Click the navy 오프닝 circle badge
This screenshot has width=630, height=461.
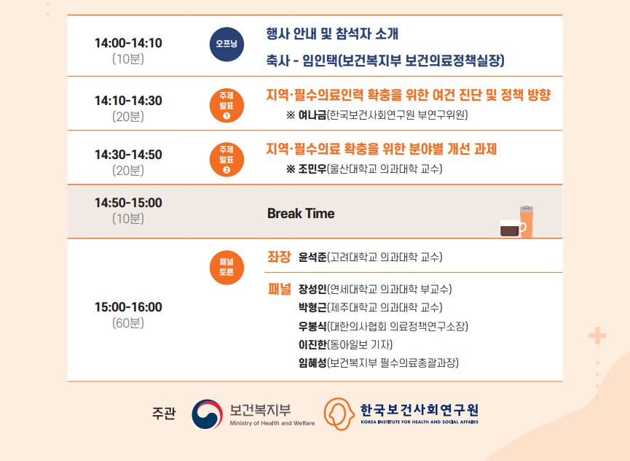227,44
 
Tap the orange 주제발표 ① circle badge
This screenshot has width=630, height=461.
227,105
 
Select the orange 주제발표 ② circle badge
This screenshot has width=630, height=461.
227,160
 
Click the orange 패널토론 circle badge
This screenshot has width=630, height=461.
227,268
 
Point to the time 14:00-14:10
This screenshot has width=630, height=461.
128,43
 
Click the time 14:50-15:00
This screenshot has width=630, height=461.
128,203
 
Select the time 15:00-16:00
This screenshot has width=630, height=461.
128,307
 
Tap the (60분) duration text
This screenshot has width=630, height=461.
128,323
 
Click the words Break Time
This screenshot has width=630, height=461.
301,213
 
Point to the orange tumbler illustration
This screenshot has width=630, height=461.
527,222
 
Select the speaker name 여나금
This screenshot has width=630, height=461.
312,115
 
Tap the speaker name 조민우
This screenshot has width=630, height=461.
312,169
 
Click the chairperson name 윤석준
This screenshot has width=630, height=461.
312,257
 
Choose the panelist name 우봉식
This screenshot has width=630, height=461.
312,326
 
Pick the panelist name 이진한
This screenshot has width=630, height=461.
312,345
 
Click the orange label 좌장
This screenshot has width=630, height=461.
279,257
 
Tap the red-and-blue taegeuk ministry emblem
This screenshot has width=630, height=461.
208,414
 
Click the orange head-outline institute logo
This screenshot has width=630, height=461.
339,414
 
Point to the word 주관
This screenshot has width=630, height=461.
164,414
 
